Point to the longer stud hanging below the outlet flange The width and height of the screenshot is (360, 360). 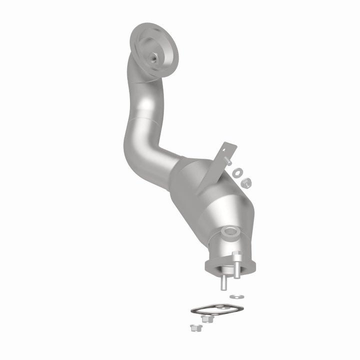(x=221, y=282)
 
